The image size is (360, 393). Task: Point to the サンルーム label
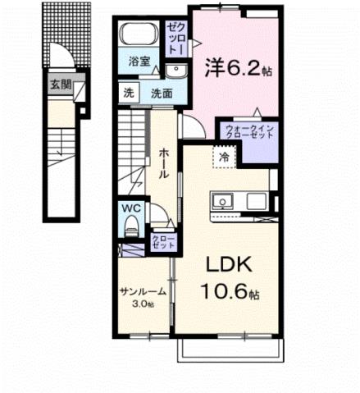(143, 293)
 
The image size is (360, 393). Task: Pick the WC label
(132, 208)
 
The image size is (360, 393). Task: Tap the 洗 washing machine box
(129, 92)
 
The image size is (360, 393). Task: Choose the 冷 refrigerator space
(223, 155)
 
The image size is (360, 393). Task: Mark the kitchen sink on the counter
(223, 202)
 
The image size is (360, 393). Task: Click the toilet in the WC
(130, 226)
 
